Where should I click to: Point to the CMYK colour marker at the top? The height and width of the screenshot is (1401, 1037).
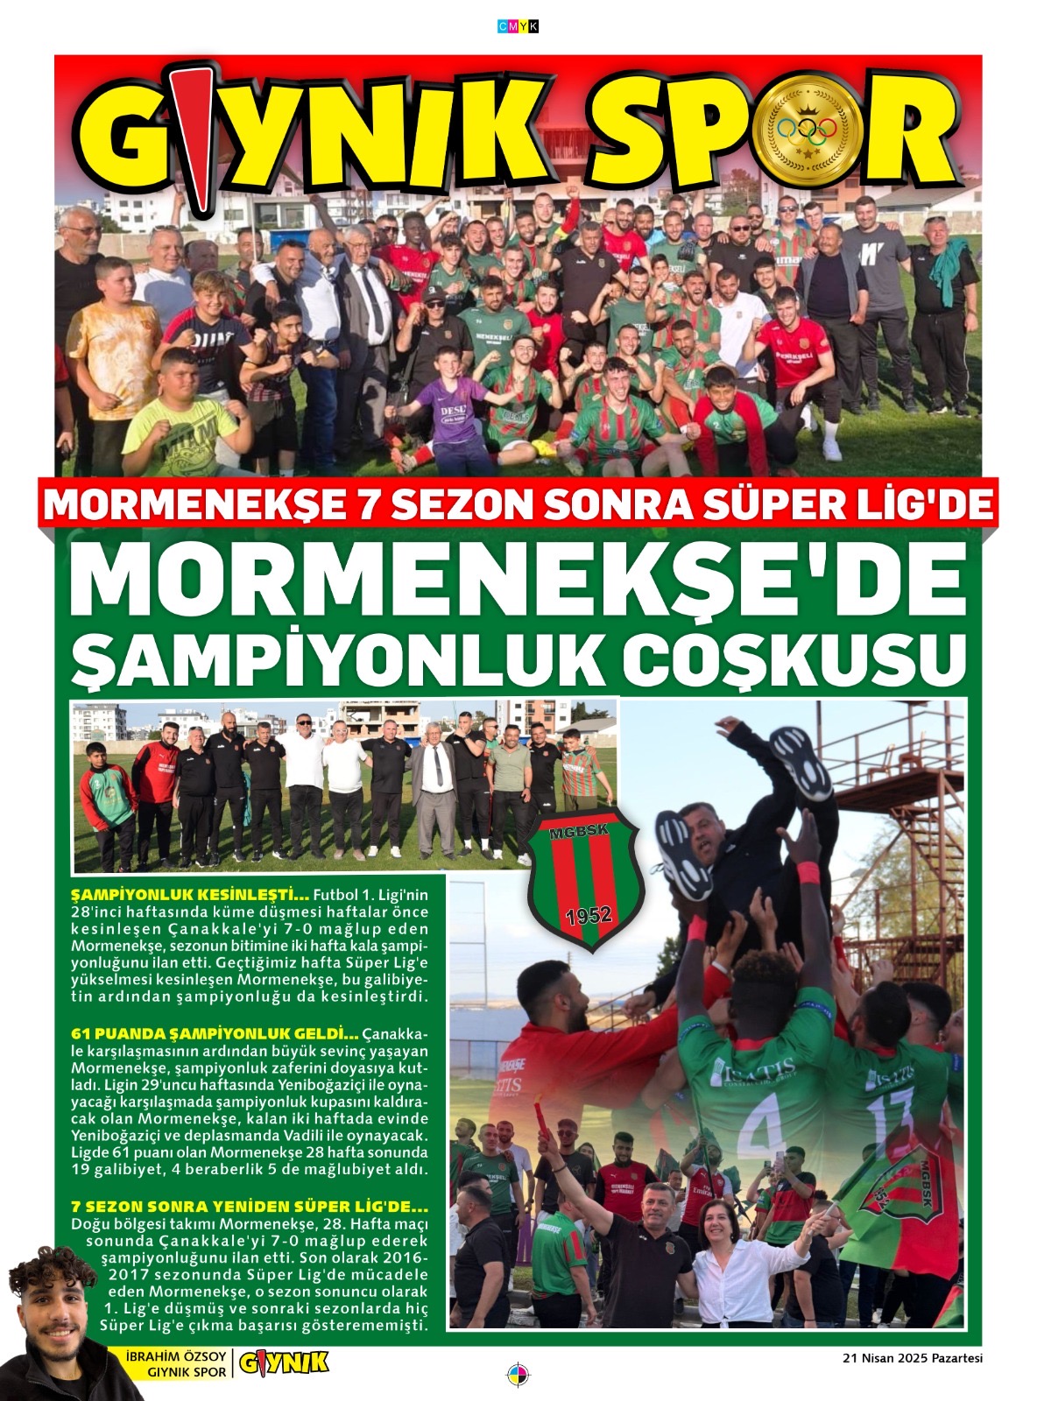[x=518, y=27]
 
